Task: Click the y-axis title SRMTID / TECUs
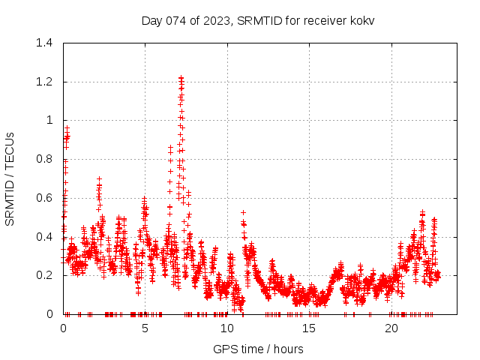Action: tap(10, 178)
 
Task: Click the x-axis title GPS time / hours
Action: tap(258, 349)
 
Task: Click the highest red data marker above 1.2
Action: tap(181, 77)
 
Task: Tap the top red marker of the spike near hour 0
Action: tap(67, 127)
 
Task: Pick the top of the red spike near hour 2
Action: tap(99, 178)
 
